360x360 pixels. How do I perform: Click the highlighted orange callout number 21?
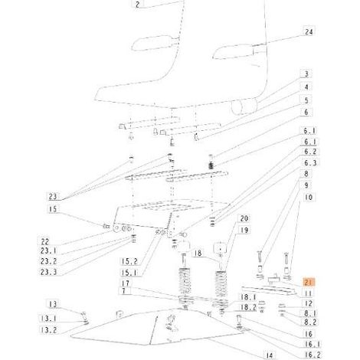click(x=309, y=283)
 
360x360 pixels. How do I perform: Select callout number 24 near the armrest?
click(x=309, y=31)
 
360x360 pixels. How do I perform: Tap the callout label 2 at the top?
click(x=138, y=5)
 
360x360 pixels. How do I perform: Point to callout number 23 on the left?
click(x=53, y=197)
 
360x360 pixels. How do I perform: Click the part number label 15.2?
click(x=129, y=262)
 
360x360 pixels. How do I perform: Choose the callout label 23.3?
click(x=48, y=272)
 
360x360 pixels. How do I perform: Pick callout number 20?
click(x=244, y=218)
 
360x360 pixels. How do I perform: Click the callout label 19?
click(x=244, y=230)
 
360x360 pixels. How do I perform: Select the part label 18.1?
click(x=248, y=297)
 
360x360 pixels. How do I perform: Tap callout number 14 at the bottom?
click(x=270, y=355)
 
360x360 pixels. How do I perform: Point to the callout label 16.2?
click(x=312, y=355)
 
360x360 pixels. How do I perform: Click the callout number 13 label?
click(x=53, y=304)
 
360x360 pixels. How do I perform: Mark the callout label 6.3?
click(x=310, y=163)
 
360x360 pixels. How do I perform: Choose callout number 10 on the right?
click(x=309, y=198)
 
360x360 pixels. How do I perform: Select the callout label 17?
click(x=126, y=283)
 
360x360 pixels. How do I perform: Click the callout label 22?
click(x=45, y=241)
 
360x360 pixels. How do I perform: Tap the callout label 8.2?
click(x=310, y=322)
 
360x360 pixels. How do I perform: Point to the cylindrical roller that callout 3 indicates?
click(x=244, y=106)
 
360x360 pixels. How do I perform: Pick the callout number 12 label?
click(x=309, y=303)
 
